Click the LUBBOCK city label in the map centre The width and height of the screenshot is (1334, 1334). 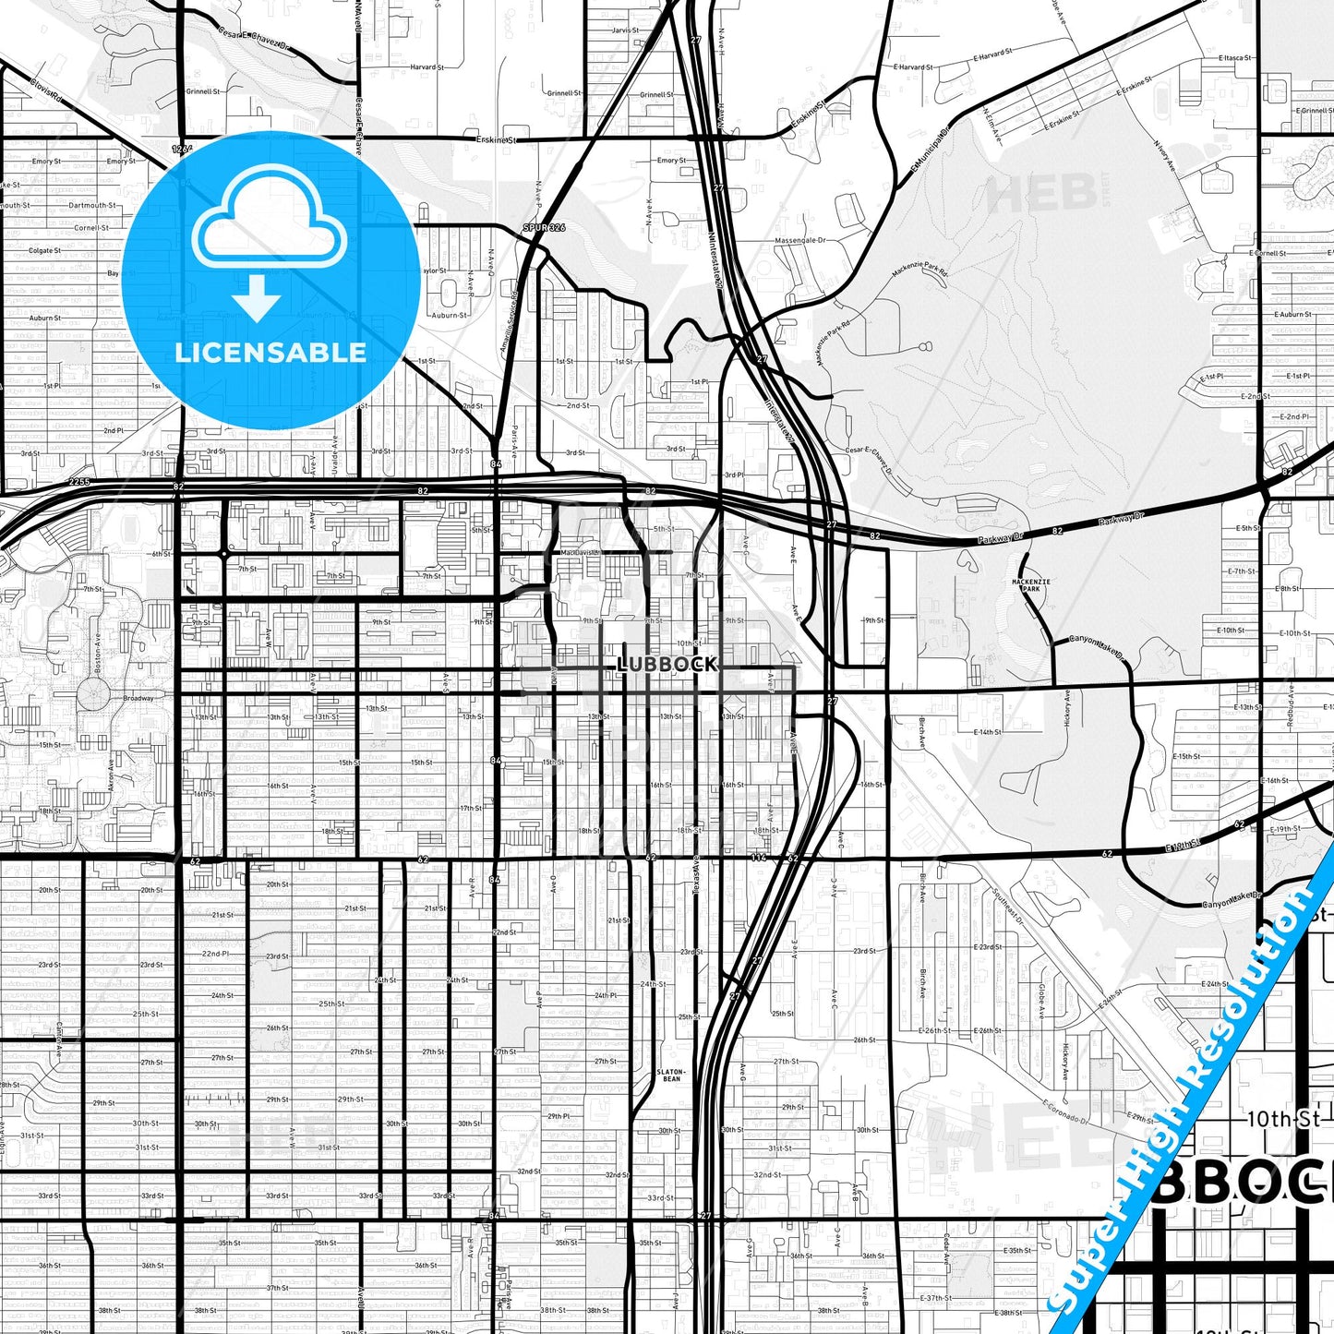click(x=667, y=664)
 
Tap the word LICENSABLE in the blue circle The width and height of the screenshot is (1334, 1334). click(x=270, y=353)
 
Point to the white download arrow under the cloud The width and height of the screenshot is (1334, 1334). click(x=257, y=298)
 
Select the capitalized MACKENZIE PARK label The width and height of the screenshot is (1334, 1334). click(x=1030, y=583)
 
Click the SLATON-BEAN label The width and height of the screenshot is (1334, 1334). click(x=671, y=1075)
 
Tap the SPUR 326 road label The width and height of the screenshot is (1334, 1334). click(x=545, y=227)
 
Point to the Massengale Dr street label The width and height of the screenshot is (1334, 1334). click(x=799, y=240)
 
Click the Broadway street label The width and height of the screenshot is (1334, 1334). click(x=138, y=698)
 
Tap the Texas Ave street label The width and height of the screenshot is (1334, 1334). click(x=695, y=872)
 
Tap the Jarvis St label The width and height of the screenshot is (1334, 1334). click(x=625, y=30)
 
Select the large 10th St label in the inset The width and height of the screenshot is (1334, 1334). click(x=1283, y=1119)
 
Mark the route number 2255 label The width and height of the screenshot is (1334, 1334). click(x=79, y=482)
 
